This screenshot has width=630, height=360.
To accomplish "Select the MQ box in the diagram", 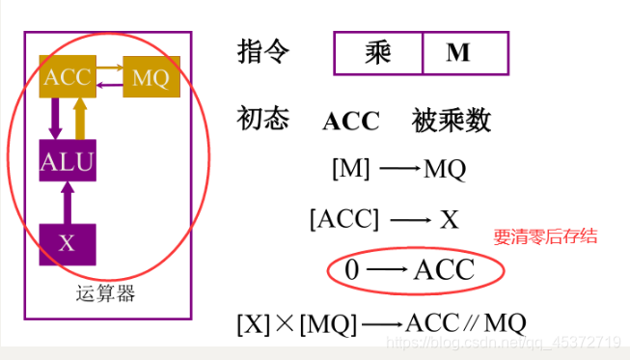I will pyautogui.click(x=151, y=76).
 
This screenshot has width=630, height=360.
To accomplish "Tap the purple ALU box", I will pyautogui.click(x=67, y=162).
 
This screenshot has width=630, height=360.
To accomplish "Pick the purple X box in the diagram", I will pyautogui.click(x=66, y=243).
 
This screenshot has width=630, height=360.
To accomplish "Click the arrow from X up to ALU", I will pyautogui.click(x=67, y=203).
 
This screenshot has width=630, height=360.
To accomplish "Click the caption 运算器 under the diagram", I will pyautogui.click(x=105, y=293).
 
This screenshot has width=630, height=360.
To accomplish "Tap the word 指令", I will pyautogui.click(x=262, y=52).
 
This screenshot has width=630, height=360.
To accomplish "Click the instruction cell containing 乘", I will pyautogui.click(x=378, y=53).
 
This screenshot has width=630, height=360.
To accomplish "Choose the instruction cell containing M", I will pyautogui.click(x=457, y=53).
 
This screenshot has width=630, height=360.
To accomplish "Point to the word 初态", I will pyautogui.click(x=262, y=120).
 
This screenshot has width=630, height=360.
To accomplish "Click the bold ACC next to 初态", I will pyautogui.click(x=351, y=122).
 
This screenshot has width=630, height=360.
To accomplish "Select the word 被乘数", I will pyautogui.click(x=452, y=121).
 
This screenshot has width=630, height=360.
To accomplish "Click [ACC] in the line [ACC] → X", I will pyautogui.click(x=344, y=219).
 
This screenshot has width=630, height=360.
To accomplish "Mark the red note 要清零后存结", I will pyautogui.click(x=546, y=236).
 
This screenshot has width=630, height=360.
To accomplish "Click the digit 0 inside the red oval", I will pyautogui.click(x=351, y=270).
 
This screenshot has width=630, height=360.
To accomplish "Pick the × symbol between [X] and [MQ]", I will pyautogui.click(x=285, y=323).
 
